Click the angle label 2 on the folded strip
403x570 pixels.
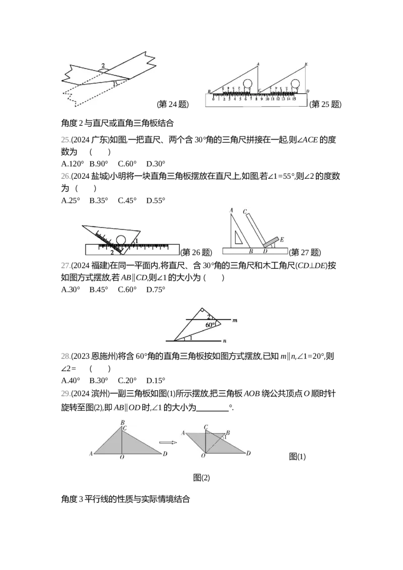coord(103,66)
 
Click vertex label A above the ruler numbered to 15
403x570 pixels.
coord(257,64)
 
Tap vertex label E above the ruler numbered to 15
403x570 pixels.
coord(306,64)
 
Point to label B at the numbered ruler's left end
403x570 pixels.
coord(209,92)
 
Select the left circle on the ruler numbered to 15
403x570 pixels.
coord(248,84)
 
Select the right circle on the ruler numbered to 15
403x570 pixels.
coord(296,84)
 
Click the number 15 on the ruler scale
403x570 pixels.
coord(294,99)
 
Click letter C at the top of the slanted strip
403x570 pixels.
coord(244,211)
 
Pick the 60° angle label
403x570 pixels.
coord(211,325)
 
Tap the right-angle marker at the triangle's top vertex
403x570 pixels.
coord(201,311)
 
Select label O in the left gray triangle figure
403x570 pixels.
coord(121,458)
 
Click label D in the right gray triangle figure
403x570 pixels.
coord(248,454)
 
